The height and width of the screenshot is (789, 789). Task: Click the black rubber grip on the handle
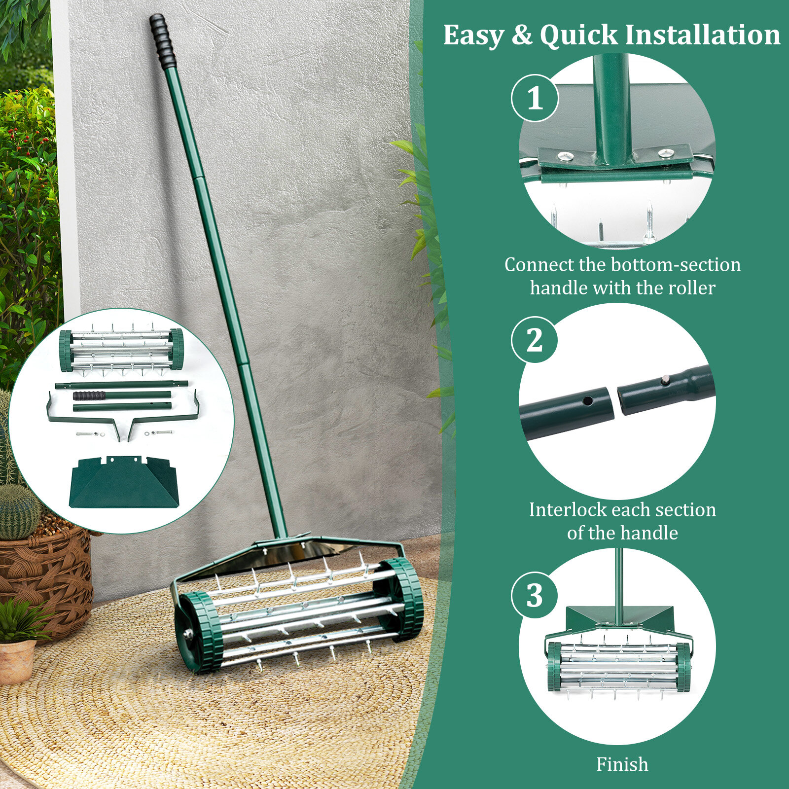tap(163, 41)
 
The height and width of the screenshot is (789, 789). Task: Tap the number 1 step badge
tap(535, 98)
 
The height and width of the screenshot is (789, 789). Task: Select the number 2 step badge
tap(535, 340)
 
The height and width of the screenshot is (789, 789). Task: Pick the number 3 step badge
tap(535, 595)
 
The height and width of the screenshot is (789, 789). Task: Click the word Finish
tap(622, 764)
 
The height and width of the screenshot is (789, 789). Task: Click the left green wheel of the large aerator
tap(198, 632)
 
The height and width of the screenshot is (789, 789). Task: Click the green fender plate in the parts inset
tap(124, 482)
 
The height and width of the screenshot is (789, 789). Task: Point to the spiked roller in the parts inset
tap(121, 350)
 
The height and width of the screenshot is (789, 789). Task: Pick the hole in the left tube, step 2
tap(588, 400)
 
